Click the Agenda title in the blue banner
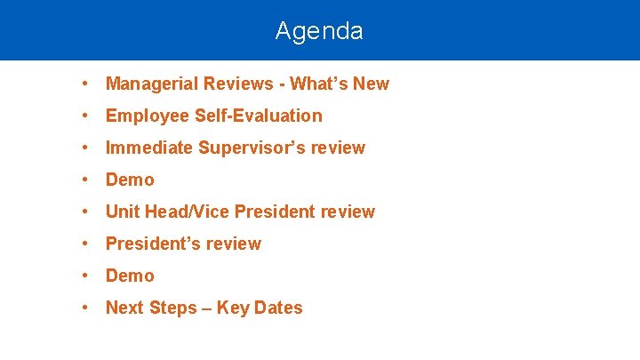point(319,31)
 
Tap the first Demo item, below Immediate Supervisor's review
point(130,180)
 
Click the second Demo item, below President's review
point(130,276)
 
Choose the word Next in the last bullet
point(124,308)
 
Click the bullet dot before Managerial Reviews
point(82,84)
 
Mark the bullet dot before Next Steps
point(82,308)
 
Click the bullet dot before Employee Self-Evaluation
point(82,116)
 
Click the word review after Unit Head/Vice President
point(346,212)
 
